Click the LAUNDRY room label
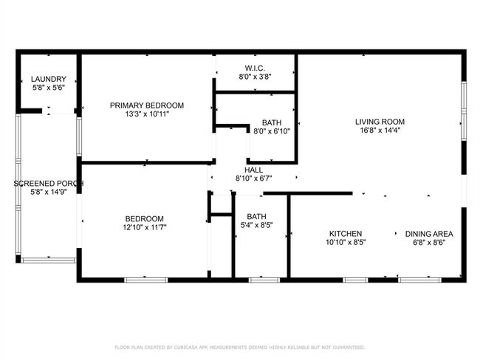[x=49, y=79]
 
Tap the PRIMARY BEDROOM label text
[x=147, y=105]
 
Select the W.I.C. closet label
[x=255, y=68]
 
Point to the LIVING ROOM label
[x=380, y=122]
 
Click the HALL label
[x=253, y=170]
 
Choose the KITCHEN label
[x=346, y=234]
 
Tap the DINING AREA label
[x=429, y=234]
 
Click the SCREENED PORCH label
[x=49, y=184]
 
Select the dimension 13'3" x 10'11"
[x=147, y=114]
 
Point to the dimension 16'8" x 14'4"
[x=380, y=131]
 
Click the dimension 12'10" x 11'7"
[x=145, y=227]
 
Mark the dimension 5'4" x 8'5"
[x=256, y=226]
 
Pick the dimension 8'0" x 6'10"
[x=272, y=131]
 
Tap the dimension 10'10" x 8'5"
[x=346, y=243]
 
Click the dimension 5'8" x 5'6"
[x=49, y=88]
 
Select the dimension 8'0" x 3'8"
[x=255, y=77]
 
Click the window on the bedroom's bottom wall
[x=146, y=280]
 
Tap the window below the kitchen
[x=355, y=280]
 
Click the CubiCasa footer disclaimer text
[x=240, y=347]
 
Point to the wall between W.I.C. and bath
[x=256, y=92]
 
